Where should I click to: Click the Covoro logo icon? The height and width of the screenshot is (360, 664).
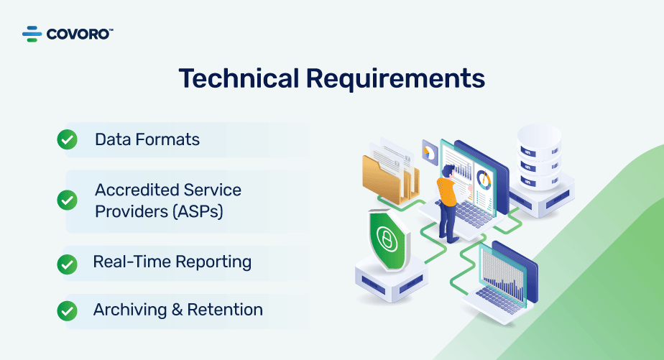(32, 34)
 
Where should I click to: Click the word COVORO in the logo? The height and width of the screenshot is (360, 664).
(78, 34)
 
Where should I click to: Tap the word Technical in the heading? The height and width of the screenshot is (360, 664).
(239, 78)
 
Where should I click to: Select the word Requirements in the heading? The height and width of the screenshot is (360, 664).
(395, 79)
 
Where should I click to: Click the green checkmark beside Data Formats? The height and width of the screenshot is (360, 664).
(67, 139)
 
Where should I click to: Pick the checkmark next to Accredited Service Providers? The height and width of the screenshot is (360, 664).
(67, 200)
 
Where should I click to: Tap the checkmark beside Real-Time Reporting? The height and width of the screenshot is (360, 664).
(67, 264)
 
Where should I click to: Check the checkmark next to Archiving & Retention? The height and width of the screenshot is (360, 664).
(67, 311)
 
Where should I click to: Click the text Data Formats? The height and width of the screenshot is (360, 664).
(147, 139)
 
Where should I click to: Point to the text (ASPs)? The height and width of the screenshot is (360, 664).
(198, 211)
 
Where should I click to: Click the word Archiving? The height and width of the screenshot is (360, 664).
(130, 310)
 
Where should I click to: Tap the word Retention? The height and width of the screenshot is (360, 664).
(225, 310)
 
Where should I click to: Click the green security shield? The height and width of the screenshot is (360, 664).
(387, 240)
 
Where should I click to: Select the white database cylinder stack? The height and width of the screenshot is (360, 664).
(539, 157)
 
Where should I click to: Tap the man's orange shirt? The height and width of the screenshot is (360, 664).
(447, 191)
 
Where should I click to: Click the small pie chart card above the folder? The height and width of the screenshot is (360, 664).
(430, 152)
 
